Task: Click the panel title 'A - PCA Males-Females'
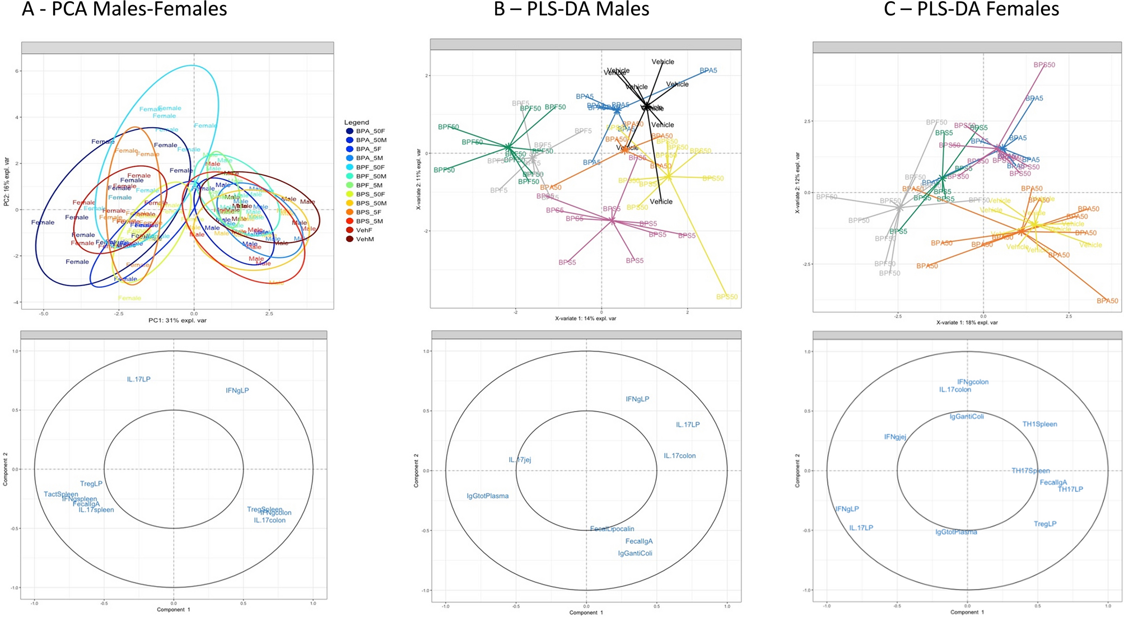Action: pyautogui.click(x=124, y=9)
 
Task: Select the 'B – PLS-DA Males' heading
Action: pyautogui.click(x=571, y=9)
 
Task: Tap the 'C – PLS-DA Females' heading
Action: pyautogui.click(x=971, y=9)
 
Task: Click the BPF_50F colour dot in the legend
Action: pyautogui.click(x=350, y=167)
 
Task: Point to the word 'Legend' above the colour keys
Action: pyautogui.click(x=357, y=122)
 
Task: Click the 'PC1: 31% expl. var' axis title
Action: pyautogui.click(x=178, y=321)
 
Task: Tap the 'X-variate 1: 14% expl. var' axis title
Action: pyautogui.click(x=585, y=319)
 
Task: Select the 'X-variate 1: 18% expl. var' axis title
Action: pyautogui.click(x=967, y=322)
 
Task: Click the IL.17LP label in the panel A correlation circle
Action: pyautogui.click(x=138, y=380)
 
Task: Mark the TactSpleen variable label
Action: pyautogui.click(x=61, y=494)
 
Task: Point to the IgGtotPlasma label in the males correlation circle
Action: pyautogui.click(x=487, y=496)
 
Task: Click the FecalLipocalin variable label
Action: pyautogui.click(x=612, y=529)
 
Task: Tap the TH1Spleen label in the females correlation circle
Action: pyautogui.click(x=1039, y=424)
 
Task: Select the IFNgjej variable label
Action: pyautogui.click(x=895, y=437)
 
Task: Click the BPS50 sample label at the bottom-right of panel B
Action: pyautogui.click(x=726, y=297)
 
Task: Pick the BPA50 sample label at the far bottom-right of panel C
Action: pyautogui.click(x=1107, y=301)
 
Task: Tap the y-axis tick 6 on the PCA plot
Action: pyautogui.click(x=17, y=71)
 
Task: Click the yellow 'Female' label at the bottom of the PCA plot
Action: pyautogui.click(x=129, y=298)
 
